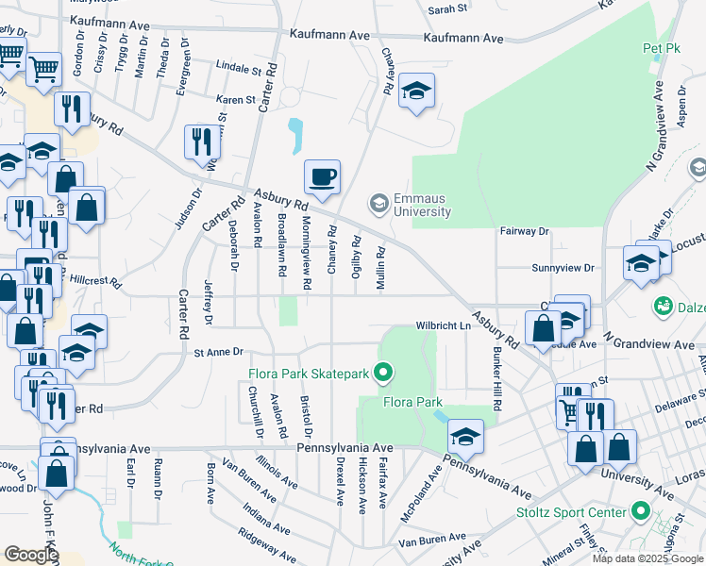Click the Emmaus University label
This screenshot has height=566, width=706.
click(421, 205)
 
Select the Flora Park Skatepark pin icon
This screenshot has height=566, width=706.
click(382, 375)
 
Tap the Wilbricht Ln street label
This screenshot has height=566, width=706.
click(444, 326)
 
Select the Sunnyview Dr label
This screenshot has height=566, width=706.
click(563, 268)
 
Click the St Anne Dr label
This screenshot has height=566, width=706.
click(219, 353)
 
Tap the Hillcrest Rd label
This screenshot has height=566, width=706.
click(97, 281)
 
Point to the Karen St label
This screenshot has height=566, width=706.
click(236, 99)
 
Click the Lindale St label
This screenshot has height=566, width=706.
click(238, 69)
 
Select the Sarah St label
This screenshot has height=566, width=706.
click(447, 8)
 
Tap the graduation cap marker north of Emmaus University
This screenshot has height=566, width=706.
click(416, 91)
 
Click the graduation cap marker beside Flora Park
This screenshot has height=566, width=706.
click(465, 437)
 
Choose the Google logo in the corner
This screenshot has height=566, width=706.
click(31, 555)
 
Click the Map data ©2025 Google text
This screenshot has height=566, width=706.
click(647, 558)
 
